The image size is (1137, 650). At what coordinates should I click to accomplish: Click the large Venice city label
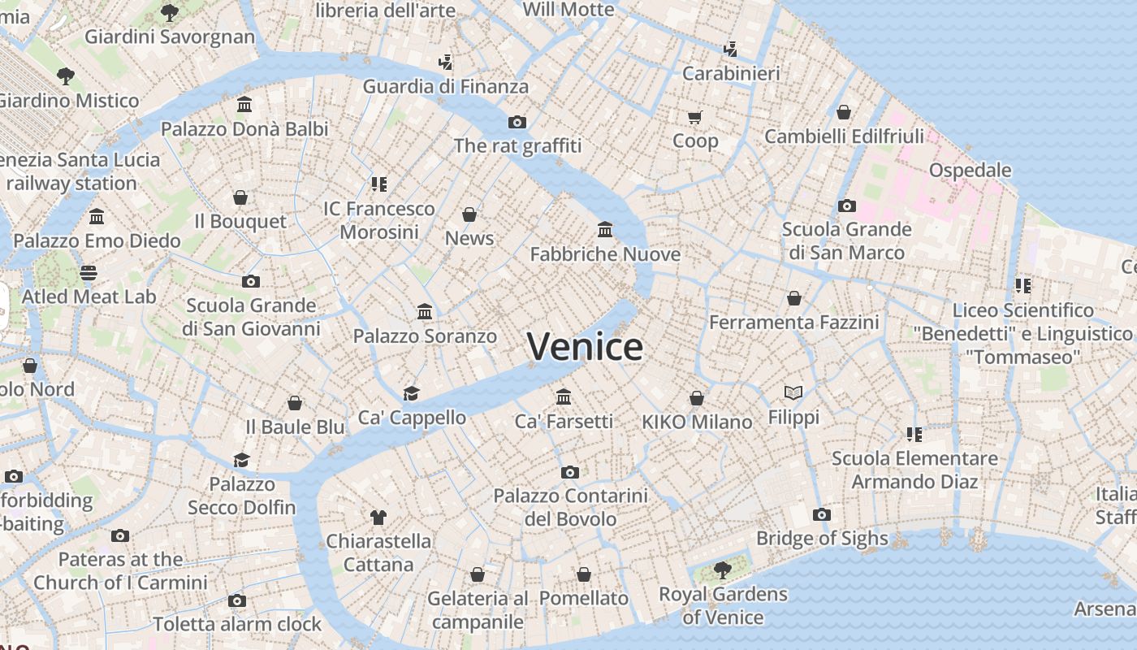pyautogui.click(x=585, y=347)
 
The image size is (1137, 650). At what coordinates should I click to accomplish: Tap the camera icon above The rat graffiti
pyautogui.click(x=517, y=123)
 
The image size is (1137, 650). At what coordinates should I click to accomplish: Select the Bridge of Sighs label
pyautogui.click(x=822, y=538)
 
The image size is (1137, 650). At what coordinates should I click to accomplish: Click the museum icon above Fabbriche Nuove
pyautogui.click(x=605, y=230)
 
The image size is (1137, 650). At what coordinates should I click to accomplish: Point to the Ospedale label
pyautogui.click(x=970, y=171)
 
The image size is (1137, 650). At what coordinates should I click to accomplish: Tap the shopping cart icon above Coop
pyautogui.click(x=695, y=118)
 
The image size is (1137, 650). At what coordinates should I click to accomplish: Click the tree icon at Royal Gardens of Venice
pyautogui.click(x=722, y=570)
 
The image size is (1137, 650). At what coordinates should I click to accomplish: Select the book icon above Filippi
pyautogui.click(x=793, y=393)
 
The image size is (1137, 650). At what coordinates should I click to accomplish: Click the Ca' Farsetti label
pyautogui.click(x=564, y=421)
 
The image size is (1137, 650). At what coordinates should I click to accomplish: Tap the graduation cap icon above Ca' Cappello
pyautogui.click(x=412, y=394)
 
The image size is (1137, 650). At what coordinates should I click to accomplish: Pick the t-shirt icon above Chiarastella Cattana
pyautogui.click(x=378, y=517)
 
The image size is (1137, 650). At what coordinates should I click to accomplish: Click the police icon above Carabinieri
pyautogui.click(x=731, y=49)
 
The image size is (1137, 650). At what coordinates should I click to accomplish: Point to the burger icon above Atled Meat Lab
pyautogui.click(x=89, y=272)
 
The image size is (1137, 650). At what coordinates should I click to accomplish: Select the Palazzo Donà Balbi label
pyautogui.click(x=244, y=129)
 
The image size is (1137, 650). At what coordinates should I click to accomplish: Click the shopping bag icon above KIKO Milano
pyautogui.click(x=697, y=398)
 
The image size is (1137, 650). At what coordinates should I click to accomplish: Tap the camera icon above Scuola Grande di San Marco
pyautogui.click(x=847, y=206)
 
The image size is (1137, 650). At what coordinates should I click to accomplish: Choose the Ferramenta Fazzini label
pyautogui.click(x=793, y=323)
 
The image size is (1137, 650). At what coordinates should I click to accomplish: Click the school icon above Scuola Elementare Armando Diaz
pyautogui.click(x=914, y=435)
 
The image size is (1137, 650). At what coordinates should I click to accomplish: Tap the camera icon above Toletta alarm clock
pyautogui.click(x=237, y=601)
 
